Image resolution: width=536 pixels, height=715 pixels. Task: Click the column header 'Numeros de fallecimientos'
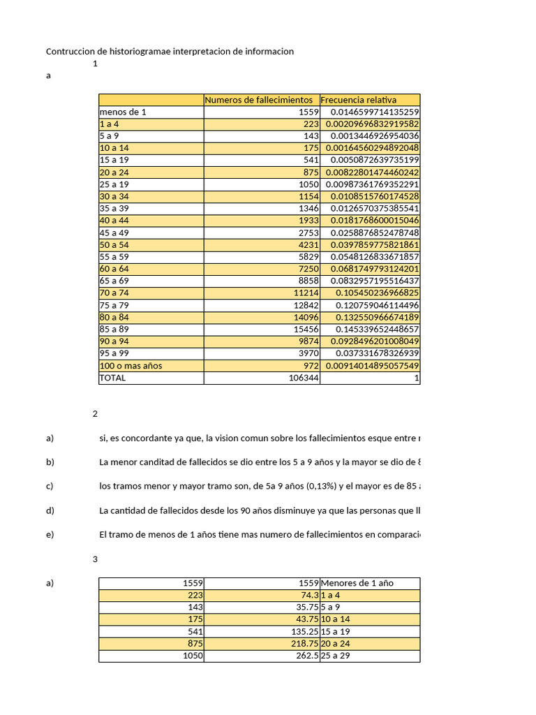coord(258,100)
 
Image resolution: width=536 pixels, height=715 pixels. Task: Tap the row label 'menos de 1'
coord(124,112)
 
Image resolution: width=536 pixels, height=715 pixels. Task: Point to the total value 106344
coord(304,378)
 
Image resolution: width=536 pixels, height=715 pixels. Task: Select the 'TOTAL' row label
coord(113,378)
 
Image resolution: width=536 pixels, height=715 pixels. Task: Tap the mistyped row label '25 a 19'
coord(115,184)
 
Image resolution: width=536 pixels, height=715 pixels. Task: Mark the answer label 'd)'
coord(50,510)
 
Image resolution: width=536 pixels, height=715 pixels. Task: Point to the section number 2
coord(95,413)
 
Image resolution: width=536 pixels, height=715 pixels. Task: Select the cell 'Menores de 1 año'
coord(353,583)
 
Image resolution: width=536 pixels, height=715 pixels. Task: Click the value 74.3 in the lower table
coord(310,595)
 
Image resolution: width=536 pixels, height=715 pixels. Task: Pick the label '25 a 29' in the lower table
coord(335,656)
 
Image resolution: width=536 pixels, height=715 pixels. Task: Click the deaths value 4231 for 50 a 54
coord(306,245)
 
